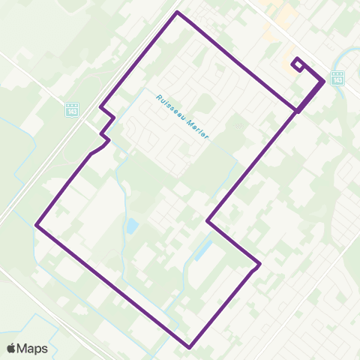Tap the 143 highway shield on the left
[x=72, y=109]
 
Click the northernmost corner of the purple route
[x=177, y=13]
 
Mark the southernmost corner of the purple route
[x=190, y=347]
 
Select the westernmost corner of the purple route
[x=37, y=223]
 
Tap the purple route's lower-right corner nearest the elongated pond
[x=259, y=263]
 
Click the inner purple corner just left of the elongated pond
[x=208, y=221]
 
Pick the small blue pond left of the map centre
[x=132, y=225]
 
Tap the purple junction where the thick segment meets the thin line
[x=298, y=111]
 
